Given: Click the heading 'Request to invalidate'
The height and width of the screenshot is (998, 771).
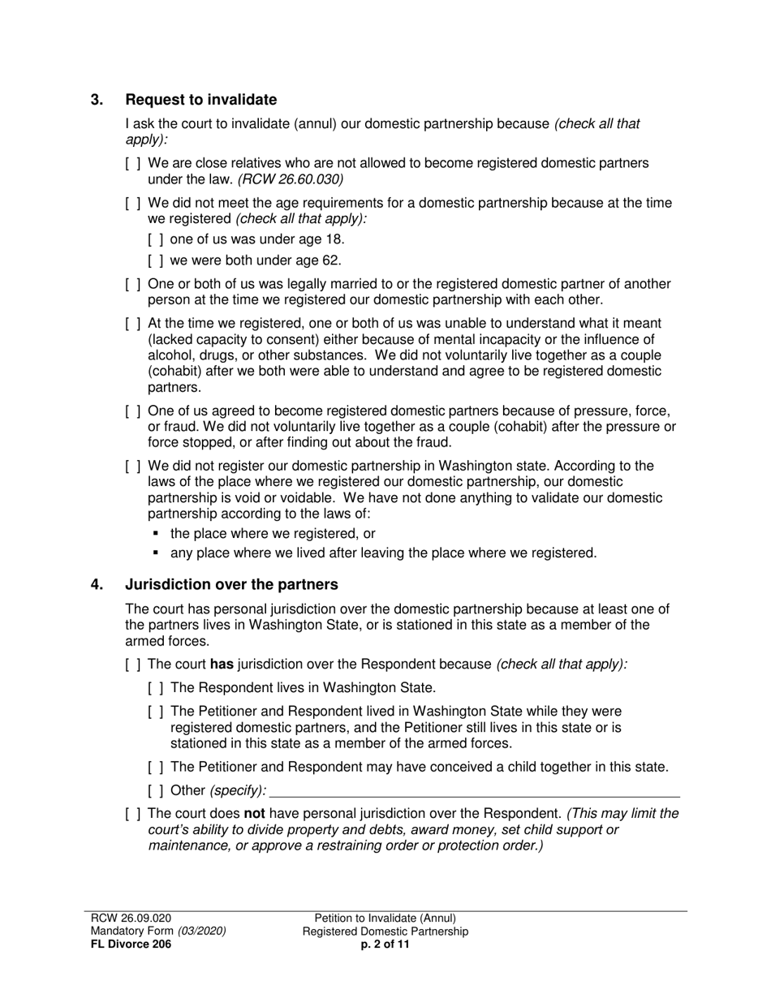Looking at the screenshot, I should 200,100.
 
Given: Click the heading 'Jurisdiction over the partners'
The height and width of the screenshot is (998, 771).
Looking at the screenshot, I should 231,584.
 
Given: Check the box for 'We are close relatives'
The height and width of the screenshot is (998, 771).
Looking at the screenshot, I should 133,163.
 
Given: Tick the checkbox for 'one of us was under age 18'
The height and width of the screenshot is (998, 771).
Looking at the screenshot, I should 156,239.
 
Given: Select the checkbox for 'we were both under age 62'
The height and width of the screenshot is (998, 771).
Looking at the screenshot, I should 156,260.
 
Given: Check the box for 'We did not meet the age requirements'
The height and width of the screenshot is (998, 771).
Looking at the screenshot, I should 133,203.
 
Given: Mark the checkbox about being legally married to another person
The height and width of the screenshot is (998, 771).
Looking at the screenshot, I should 133,284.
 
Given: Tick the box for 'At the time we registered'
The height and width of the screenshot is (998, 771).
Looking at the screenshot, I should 133,324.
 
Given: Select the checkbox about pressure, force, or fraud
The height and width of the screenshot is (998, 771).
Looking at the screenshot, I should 133,411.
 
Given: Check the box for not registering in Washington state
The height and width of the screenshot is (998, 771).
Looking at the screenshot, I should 133,467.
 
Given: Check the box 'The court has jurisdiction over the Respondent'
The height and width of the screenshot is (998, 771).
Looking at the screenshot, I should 133,665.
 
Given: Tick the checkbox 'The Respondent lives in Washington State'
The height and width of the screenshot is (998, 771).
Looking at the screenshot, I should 156,688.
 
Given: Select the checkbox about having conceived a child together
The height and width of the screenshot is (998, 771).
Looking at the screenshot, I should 156,767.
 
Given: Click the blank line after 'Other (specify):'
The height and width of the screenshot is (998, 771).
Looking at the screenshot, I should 474,790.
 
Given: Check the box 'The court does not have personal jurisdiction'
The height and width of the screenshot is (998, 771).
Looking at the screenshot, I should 133,814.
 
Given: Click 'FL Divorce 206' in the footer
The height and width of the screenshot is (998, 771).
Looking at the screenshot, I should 131,944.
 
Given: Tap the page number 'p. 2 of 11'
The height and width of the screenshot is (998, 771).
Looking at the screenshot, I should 385,944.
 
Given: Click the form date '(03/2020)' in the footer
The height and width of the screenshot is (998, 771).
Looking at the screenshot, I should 202,931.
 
